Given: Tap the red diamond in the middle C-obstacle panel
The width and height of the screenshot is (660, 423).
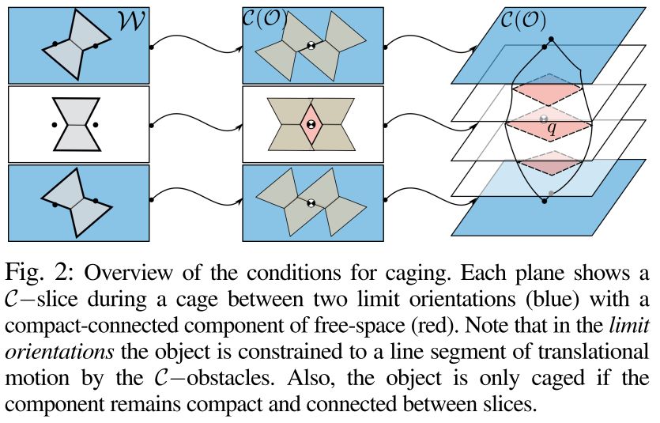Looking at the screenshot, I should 311,125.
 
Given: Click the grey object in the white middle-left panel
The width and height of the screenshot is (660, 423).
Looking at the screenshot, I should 76,123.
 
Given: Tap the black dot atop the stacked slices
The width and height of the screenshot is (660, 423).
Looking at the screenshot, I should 550,40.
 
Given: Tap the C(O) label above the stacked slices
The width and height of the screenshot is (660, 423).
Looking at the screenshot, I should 525,17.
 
